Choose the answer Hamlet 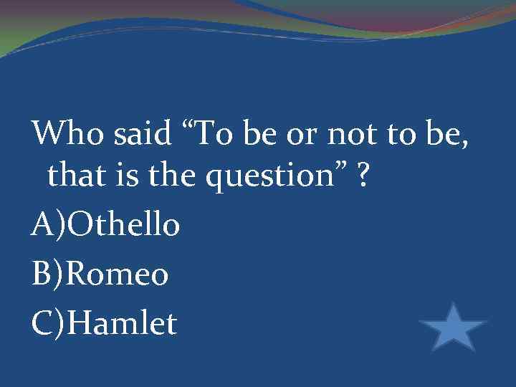(x=124, y=322)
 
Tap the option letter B (x=42, y=274)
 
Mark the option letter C (x=42, y=322)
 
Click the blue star (x=453, y=329)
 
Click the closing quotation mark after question (x=340, y=171)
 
